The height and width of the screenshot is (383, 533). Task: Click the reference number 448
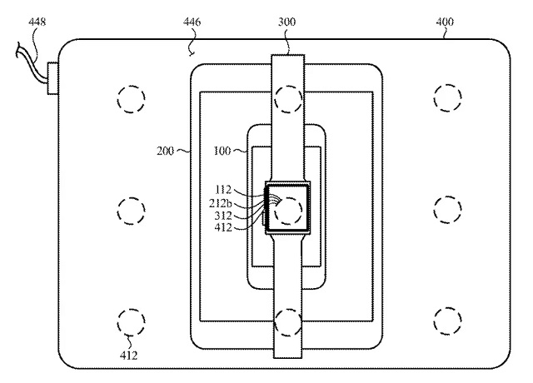[37, 22]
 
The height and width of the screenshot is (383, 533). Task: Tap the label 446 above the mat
[192, 22]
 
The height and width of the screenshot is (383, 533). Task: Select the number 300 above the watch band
[286, 22]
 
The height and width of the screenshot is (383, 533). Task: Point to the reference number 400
[445, 22]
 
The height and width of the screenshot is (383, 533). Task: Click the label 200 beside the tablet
[165, 151]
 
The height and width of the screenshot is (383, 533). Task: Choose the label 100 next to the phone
[222, 151]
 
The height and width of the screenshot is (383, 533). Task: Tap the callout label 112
[223, 189]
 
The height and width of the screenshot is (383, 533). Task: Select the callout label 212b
[220, 203]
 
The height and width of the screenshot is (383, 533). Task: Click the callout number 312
[223, 216]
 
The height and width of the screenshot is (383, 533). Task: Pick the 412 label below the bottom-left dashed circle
[129, 356]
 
